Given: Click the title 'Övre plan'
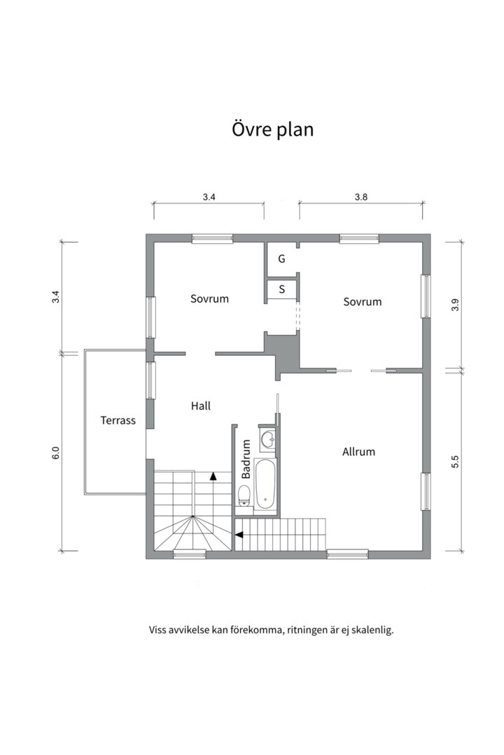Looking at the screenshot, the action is pyautogui.click(x=272, y=130).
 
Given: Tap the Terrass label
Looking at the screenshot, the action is pyautogui.click(x=118, y=420).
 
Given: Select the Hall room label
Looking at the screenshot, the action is pyautogui.click(x=201, y=406).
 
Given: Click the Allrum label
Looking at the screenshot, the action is pyautogui.click(x=358, y=452).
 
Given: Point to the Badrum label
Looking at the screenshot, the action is pyautogui.click(x=246, y=459).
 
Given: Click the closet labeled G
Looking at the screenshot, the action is pyautogui.click(x=281, y=259).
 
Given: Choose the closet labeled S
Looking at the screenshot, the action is pyautogui.click(x=281, y=289).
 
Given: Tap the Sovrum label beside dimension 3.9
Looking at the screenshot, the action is pyautogui.click(x=362, y=301).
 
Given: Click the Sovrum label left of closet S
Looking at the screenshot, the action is pyautogui.click(x=209, y=299).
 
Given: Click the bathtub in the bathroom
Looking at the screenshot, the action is pyautogui.click(x=265, y=484).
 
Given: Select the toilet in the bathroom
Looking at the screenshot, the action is pyautogui.click(x=244, y=496).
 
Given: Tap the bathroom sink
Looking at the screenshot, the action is pyautogui.click(x=267, y=440).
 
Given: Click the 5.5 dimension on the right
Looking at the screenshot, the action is pyautogui.click(x=455, y=461).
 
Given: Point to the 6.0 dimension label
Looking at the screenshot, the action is pyautogui.click(x=55, y=453).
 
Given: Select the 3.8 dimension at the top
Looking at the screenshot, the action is pyautogui.click(x=360, y=197).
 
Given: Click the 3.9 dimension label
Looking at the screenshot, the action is pyautogui.click(x=455, y=305).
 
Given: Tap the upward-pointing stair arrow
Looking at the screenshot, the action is pyautogui.click(x=213, y=476).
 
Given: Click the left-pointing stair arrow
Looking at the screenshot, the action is pyautogui.click(x=239, y=535).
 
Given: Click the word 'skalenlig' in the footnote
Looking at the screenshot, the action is pyautogui.click(x=372, y=630).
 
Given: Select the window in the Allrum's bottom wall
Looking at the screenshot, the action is pyautogui.click(x=347, y=554).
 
